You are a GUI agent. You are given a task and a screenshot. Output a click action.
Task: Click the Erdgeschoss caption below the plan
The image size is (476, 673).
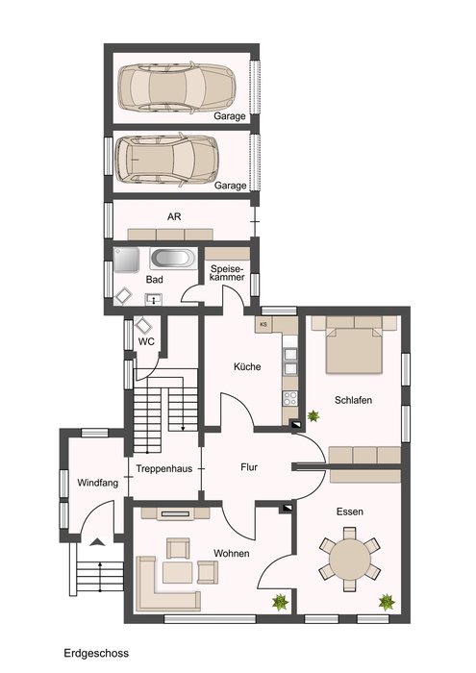click(x=96, y=653)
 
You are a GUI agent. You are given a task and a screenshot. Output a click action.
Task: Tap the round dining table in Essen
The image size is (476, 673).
click(x=350, y=559)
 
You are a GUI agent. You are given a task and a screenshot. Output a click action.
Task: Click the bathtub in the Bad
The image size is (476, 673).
click(x=172, y=259)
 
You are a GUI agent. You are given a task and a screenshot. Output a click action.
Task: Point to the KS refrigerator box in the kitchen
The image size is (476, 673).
click(x=263, y=325)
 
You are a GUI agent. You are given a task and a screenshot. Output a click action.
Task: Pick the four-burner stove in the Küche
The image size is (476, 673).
click(x=290, y=398)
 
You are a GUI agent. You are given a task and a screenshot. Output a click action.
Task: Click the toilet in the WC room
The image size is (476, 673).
click(x=143, y=326)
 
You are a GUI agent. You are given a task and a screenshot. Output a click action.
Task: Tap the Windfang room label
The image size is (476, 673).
click(x=97, y=483)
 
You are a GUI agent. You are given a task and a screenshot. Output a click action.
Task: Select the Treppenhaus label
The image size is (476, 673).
click(x=164, y=469)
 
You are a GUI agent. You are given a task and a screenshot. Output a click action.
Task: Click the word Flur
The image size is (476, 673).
click(x=249, y=467)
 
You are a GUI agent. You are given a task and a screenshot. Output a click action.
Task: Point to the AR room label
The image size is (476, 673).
click(x=174, y=216)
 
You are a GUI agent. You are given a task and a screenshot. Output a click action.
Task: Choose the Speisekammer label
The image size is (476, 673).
click(x=228, y=273)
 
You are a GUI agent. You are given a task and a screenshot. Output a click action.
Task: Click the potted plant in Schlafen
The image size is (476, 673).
click(x=313, y=415)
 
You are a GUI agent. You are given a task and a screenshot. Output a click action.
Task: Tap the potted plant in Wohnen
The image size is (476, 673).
click(x=280, y=602)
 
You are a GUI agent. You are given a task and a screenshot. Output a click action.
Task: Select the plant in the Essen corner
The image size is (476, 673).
click(x=387, y=602)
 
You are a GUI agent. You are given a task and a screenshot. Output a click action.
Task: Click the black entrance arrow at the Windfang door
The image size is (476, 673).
click(x=98, y=542)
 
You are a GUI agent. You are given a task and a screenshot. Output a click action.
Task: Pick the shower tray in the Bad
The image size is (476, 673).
click(x=127, y=260)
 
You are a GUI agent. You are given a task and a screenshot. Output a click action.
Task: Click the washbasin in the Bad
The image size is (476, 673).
click(x=153, y=299)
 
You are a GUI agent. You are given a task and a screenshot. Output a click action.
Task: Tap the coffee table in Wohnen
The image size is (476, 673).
click(x=177, y=573)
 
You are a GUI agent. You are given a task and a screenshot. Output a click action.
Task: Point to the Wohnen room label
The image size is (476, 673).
click(x=232, y=553)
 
